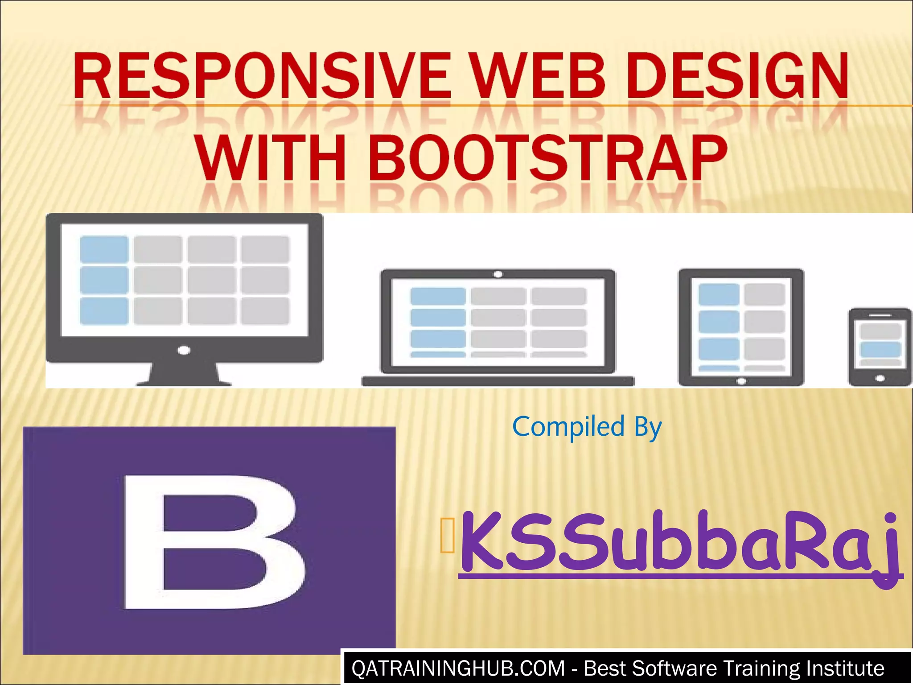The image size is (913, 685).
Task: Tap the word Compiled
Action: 568,427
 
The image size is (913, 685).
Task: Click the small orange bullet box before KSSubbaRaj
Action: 447,536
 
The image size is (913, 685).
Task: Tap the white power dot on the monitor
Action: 184,350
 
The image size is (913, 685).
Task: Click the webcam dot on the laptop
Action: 498,274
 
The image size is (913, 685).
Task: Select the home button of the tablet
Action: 741,381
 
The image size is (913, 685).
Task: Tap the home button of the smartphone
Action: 880,379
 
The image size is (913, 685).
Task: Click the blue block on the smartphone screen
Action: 880,349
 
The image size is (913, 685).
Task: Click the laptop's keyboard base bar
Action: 498,381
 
